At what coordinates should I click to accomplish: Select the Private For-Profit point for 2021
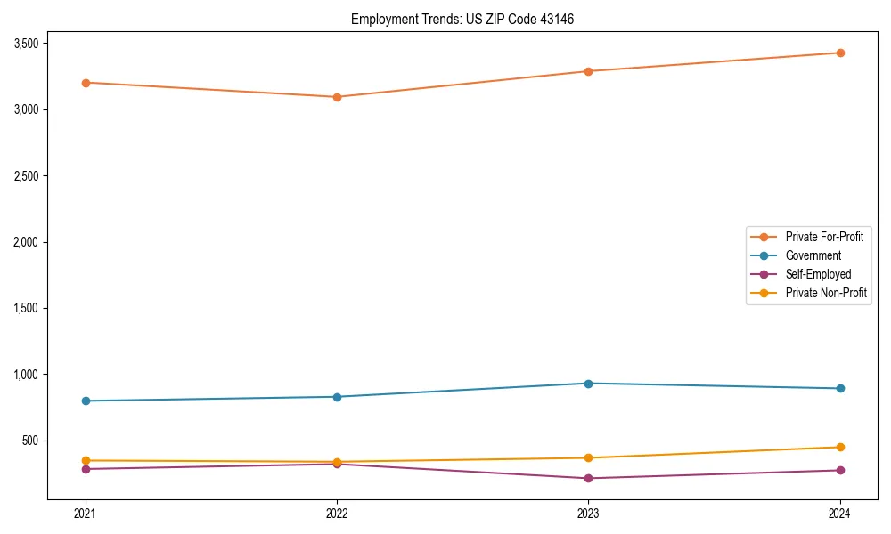(x=86, y=83)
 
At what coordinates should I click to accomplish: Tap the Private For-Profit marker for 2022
(x=337, y=97)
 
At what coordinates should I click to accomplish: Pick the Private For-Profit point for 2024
(x=840, y=53)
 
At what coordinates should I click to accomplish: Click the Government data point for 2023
(x=588, y=384)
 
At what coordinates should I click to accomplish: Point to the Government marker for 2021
(x=86, y=400)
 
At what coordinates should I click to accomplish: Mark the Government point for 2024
(x=840, y=388)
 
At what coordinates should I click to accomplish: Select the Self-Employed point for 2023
(x=588, y=478)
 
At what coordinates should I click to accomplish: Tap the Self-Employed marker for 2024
(x=840, y=470)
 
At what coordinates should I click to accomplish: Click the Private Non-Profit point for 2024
(x=840, y=447)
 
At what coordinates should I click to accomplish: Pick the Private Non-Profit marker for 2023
(x=588, y=457)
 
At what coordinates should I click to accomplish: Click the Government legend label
(x=813, y=255)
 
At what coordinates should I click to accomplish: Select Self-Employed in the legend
(x=818, y=274)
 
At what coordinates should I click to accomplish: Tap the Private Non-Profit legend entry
(x=826, y=293)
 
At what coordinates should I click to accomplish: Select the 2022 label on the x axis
(x=337, y=513)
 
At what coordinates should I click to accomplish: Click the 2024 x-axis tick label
(x=840, y=513)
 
